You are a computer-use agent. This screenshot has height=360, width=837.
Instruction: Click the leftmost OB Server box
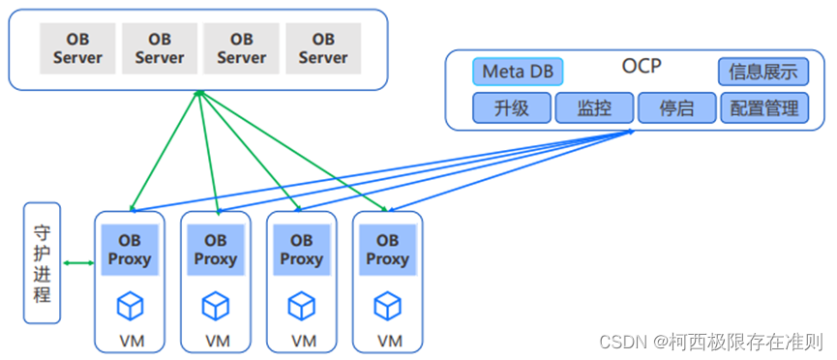coord(76,48)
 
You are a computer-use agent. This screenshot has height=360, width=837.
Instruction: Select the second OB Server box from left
coord(159,48)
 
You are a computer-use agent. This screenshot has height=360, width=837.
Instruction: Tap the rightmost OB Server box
coord(323,48)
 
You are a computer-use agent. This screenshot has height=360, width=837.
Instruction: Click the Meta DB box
coord(518,72)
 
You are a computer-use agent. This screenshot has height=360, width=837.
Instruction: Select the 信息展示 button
coord(763,72)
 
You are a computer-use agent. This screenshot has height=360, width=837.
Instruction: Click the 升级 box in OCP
coord(511,107)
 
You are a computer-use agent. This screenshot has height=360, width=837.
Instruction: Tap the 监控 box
coord(593,107)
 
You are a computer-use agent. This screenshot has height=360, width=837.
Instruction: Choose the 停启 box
coord(676,107)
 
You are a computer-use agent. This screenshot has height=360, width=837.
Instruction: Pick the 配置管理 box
coord(763,107)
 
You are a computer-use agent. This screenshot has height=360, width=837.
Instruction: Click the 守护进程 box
coord(42,262)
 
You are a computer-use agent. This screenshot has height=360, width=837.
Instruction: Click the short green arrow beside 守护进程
coord(77,262)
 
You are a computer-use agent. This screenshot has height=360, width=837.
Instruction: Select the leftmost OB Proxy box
coord(130,250)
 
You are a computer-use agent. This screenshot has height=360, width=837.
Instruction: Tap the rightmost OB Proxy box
coord(387,250)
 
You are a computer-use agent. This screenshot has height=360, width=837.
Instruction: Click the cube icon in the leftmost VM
coord(130,307)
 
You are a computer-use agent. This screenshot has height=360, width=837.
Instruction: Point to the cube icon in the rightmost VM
coord(387,307)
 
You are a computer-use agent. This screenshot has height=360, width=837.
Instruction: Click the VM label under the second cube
coord(217,341)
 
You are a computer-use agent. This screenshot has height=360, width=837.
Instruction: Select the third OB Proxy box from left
coord(301,250)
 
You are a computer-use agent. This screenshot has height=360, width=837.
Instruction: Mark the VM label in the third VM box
coord(303,341)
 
